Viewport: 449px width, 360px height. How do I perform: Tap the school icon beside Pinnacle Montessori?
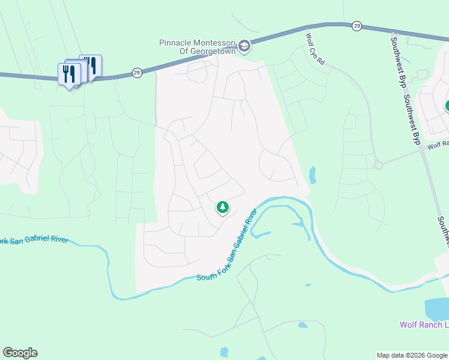244,46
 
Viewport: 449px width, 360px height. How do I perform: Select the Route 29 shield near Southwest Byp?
357,25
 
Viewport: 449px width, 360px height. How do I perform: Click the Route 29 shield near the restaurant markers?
137,73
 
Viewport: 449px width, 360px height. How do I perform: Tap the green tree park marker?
223,208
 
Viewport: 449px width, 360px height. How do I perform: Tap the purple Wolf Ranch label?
424,325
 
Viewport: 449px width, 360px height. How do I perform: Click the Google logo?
20,353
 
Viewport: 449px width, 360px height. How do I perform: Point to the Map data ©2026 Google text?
412,355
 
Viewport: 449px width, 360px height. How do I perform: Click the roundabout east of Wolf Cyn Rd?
378,165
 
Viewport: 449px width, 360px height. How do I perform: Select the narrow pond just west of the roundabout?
312,175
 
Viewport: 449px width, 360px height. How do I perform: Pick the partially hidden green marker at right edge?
447,107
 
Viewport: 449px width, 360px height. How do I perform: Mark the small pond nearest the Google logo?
224,352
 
